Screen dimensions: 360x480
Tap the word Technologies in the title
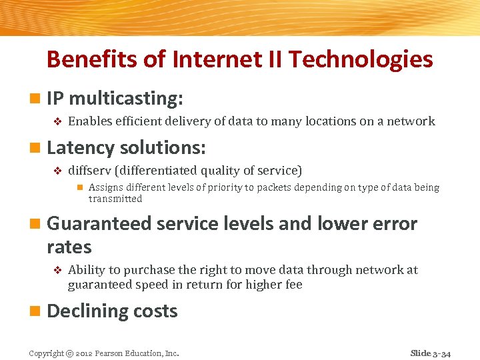coord(361,59)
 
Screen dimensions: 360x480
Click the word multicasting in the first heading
coord(125,99)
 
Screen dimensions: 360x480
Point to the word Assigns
coord(105,187)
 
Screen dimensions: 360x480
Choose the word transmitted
coord(115,199)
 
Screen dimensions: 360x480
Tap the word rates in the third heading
coord(69,247)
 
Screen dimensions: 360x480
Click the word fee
coord(293,285)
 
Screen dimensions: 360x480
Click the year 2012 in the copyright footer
coord(85,353)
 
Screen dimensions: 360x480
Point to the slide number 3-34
coord(440,353)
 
